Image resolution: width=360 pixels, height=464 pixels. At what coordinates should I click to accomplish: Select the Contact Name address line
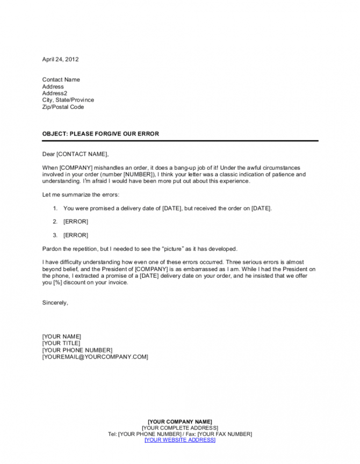(x=61, y=79)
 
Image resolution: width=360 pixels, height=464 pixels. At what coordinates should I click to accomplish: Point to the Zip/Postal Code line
(x=63, y=107)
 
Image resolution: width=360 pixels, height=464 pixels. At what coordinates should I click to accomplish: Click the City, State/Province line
(x=68, y=100)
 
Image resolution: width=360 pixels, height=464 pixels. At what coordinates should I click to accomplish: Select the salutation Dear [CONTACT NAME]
(x=75, y=154)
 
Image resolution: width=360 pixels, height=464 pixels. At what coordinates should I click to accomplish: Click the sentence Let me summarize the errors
(x=81, y=194)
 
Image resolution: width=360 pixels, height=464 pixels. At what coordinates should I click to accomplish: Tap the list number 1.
(x=55, y=208)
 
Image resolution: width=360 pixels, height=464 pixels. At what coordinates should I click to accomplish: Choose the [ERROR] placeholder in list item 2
(x=75, y=221)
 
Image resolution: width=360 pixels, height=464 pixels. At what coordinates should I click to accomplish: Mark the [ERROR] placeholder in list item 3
(x=75, y=235)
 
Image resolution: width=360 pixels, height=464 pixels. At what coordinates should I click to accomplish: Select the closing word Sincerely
(x=55, y=303)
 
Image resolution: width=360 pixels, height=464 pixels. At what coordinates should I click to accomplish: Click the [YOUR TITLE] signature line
(x=61, y=343)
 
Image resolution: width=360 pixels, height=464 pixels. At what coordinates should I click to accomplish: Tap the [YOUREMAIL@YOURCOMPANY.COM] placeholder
(x=95, y=357)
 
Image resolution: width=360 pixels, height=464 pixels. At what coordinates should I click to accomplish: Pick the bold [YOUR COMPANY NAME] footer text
(x=179, y=421)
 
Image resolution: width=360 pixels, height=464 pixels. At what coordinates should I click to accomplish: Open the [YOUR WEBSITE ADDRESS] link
(x=179, y=440)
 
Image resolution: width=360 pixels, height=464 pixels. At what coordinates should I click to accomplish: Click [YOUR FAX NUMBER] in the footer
(x=225, y=434)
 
